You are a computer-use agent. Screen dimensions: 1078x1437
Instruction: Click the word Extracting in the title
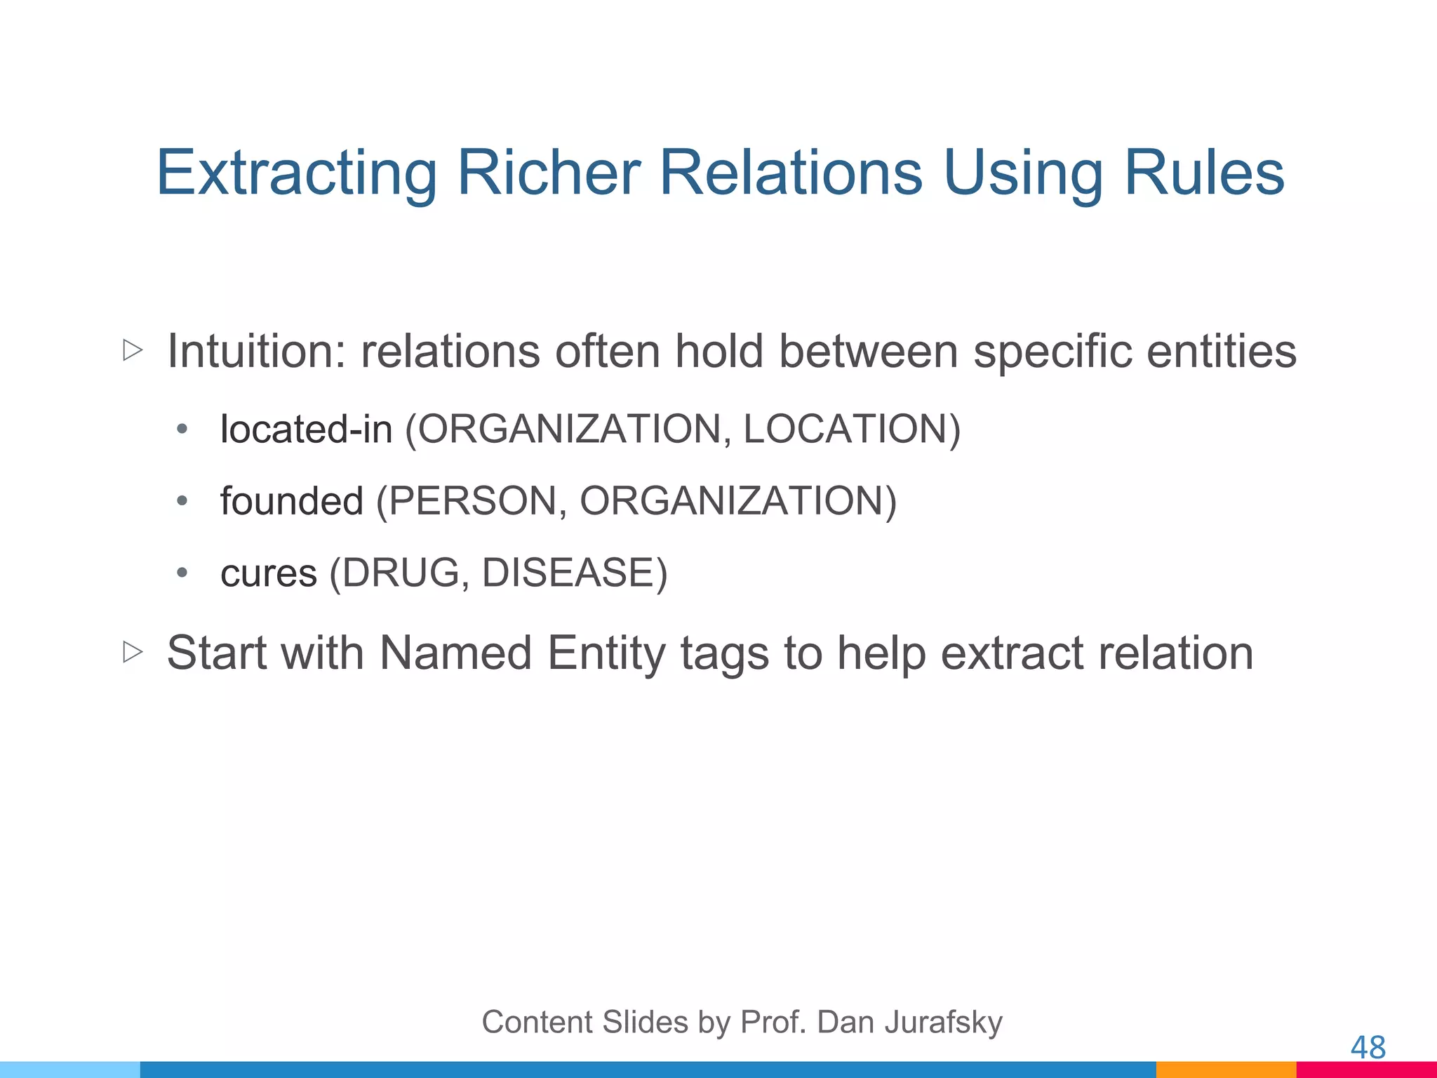pyautogui.click(x=296, y=173)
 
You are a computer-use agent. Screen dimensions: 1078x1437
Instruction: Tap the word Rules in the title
pyautogui.click(x=1204, y=173)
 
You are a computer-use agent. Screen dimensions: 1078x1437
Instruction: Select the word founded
pyautogui.click(x=292, y=501)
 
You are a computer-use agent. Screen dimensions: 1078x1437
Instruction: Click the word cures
pyautogui.click(x=269, y=573)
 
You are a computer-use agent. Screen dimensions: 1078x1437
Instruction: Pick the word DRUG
pyautogui.click(x=401, y=573)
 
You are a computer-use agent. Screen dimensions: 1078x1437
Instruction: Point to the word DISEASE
pyautogui.click(x=568, y=573)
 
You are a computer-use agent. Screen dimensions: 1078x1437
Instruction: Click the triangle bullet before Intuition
pyautogui.click(x=133, y=350)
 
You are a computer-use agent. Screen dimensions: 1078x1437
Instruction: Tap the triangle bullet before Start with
pyautogui.click(x=133, y=653)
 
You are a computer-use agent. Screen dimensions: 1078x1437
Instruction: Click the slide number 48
pyautogui.click(x=1368, y=1048)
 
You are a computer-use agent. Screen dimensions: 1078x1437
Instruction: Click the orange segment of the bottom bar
pyautogui.click(x=1226, y=1070)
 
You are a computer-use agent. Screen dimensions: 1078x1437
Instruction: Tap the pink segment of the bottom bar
pyautogui.click(x=1366, y=1070)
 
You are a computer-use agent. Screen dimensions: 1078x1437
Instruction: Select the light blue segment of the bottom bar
pyautogui.click(x=70, y=1070)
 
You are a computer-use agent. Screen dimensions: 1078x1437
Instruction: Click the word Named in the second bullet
pyautogui.click(x=455, y=653)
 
